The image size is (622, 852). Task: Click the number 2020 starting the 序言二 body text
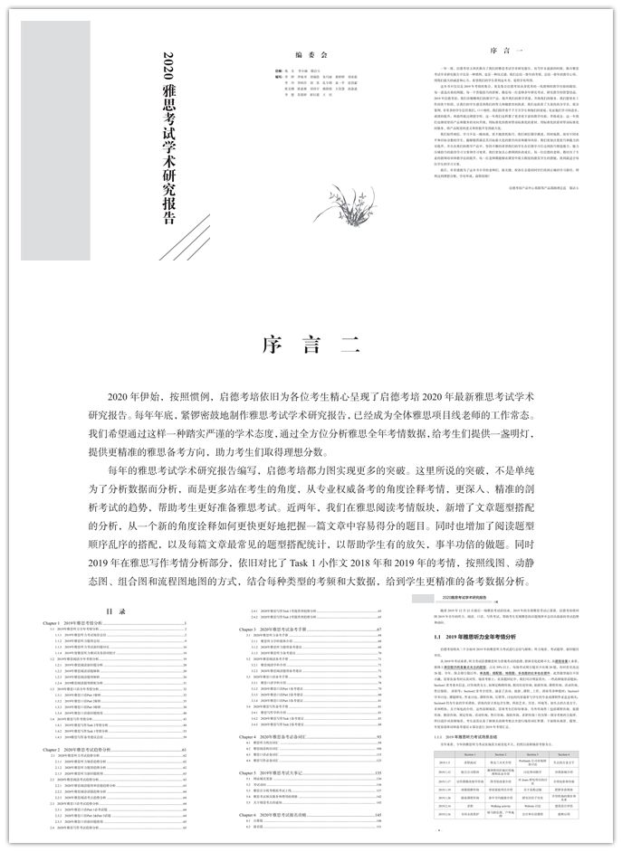pos(120,398)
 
